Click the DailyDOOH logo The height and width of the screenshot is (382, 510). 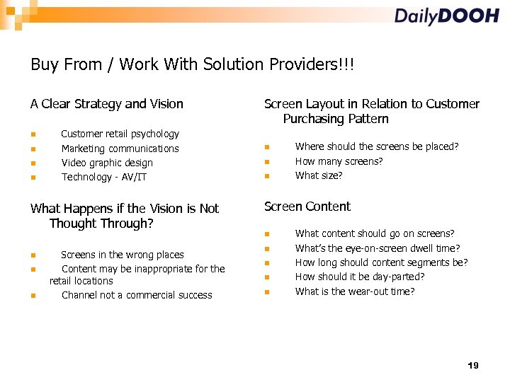[x=446, y=16]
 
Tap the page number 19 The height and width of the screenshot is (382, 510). [x=473, y=366]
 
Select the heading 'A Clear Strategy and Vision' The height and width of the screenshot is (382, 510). [x=107, y=104]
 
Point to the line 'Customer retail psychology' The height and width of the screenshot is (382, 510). [x=120, y=134]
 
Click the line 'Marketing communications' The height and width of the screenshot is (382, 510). [x=120, y=149]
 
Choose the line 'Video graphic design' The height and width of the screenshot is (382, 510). [x=107, y=163]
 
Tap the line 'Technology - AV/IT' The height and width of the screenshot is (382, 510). [x=104, y=177]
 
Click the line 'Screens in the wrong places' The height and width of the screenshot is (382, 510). [x=123, y=255]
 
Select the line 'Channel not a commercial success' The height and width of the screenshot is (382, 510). [x=137, y=295]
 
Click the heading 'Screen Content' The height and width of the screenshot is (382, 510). [x=307, y=207]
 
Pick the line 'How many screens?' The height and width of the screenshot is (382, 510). [x=339, y=161]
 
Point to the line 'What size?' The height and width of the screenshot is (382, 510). [x=319, y=175]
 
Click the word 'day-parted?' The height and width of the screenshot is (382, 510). [x=398, y=277]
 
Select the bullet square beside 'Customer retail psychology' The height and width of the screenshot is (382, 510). [x=33, y=134]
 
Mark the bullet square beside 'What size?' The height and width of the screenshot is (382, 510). [x=266, y=176]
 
